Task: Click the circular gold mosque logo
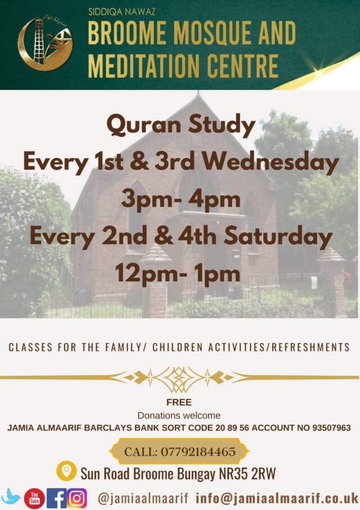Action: click(x=45, y=44)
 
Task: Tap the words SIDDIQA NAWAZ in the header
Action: click(x=122, y=12)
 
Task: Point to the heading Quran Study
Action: click(x=181, y=125)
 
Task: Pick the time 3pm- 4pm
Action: click(x=181, y=200)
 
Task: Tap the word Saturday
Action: click(x=278, y=236)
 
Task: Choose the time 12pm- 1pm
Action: click(x=177, y=274)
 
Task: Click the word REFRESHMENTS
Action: click(x=311, y=347)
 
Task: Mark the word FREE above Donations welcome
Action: click(x=179, y=402)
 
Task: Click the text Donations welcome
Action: click(x=179, y=415)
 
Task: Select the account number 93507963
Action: click(x=331, y=428)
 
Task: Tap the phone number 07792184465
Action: click(x=198, y=452)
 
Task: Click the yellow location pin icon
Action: click(x=66, y=471)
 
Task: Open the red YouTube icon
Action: click(x=34, y=498)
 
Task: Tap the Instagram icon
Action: click(x=76, y=498)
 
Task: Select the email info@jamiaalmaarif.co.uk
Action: click(x=277, y=498)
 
